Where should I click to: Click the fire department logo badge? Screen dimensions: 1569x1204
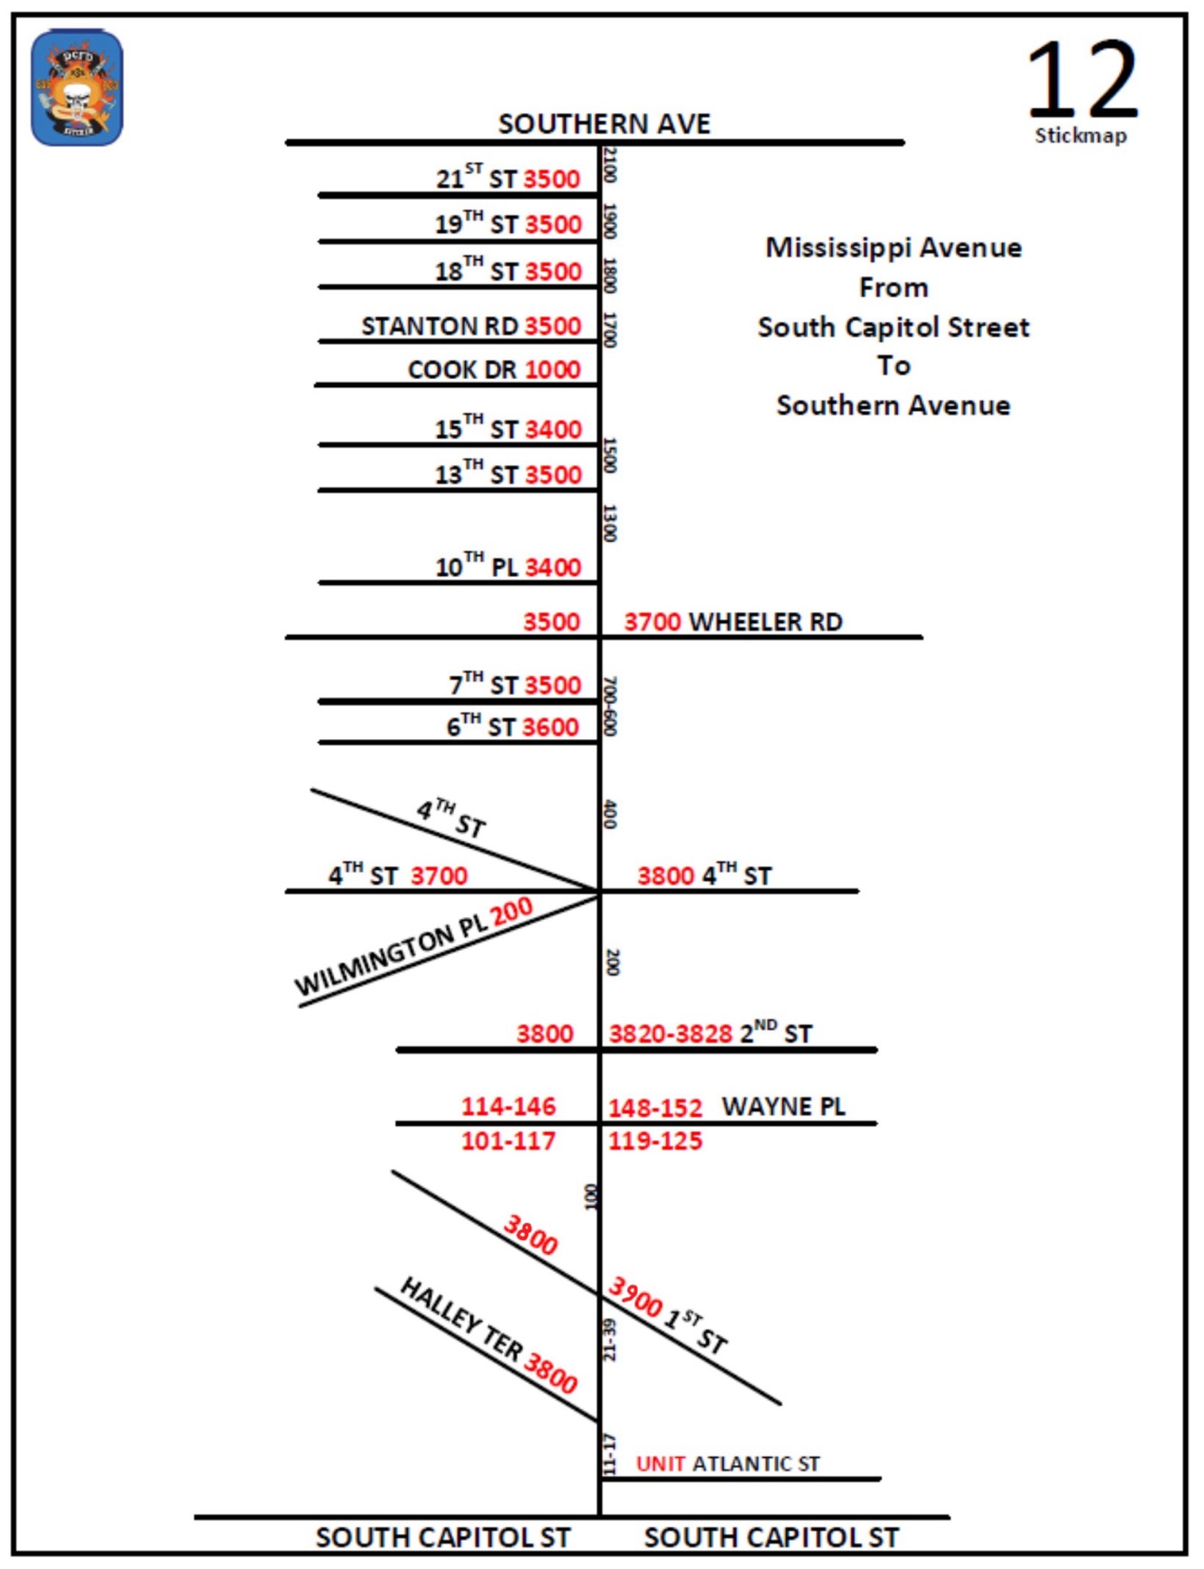click(77, 88)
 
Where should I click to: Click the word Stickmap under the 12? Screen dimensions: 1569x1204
click(1080, 135)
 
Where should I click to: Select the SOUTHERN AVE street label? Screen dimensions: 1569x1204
click(604, 124)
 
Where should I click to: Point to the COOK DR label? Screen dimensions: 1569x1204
click(462, 370)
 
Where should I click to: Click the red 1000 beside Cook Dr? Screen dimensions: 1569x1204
click(552, 370)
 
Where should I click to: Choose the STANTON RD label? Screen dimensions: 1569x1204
click(440, 326)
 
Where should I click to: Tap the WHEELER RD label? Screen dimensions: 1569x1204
click(765, 622)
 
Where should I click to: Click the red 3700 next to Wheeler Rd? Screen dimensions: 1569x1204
click(653, 622)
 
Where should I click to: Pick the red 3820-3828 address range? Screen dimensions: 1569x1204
click(671, 1034)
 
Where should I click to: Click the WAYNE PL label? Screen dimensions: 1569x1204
click(783, 1107)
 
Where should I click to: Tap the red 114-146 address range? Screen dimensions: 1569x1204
click(508, 1107)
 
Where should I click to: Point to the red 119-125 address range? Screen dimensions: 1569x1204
click(655, 1141)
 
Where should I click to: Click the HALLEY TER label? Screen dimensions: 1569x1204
click(460, 1318)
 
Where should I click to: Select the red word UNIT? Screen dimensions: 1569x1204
click(661, 1464)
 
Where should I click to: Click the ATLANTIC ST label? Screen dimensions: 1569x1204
click(756, 1464)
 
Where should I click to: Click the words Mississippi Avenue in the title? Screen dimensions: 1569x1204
click(894, 247)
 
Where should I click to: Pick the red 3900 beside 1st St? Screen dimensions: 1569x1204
click(635, 1297)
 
